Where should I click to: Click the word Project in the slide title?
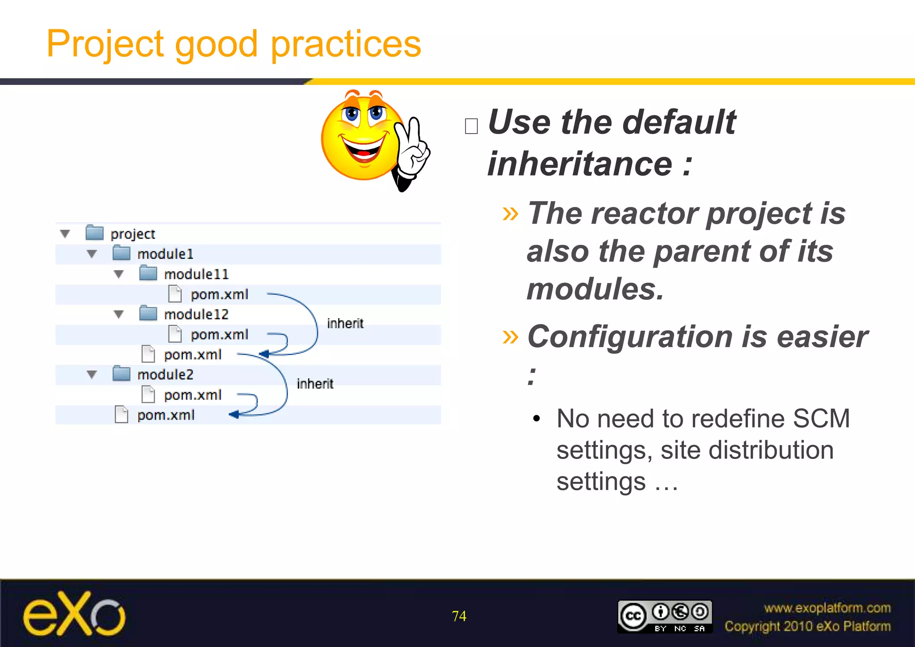pyautogui.click(x=105, y=44)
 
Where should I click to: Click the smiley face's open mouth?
pyautogui.click(x=363, y=150)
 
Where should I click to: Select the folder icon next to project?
pyautogui.click(x=94, y=233)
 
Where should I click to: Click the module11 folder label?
pyautogui.click(x=196, y=274)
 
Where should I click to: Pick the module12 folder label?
pyautogui.click(x=196, y=314)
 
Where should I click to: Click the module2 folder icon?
pyautogui.click(x=121, y=374)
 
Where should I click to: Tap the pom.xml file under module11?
pyautogui.click(x=219, y=294)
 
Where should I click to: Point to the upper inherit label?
pyautogui.click(x=345, y=323)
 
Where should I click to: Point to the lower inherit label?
pyautogui.click(x=315, y=383)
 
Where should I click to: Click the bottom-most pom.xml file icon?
pyautogui.click(x=122, y=415)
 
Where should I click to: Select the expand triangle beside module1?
pyautogui.click(x=92, y=254)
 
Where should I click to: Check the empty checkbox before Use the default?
pyautogui.click(x=471, y=126)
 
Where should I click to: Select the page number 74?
pyautogui.click(x=459, y=616)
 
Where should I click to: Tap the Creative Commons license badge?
pyautogui.click(x=664, y=616)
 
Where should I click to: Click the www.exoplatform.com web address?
pyautogui.click(x=827, y=608)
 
